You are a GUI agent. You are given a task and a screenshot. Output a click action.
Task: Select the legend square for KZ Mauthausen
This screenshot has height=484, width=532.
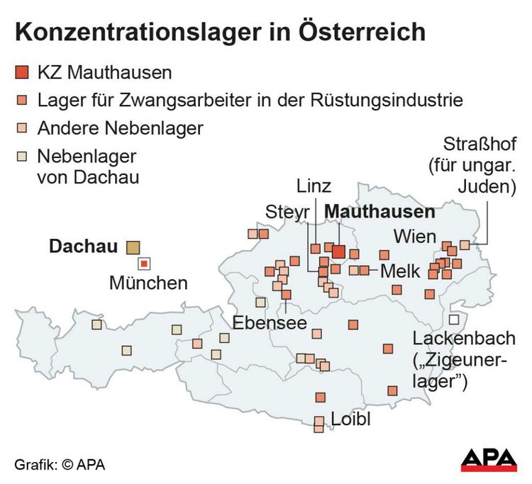[22, 72]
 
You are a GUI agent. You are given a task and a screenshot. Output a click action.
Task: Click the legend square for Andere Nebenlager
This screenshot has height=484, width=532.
[22, 129]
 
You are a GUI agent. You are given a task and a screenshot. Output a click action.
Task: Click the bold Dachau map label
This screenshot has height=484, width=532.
[83, 247]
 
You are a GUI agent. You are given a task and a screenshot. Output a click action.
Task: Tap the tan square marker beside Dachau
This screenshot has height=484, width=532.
[133, 247]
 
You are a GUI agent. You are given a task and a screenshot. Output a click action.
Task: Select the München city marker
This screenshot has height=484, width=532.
[144, 264]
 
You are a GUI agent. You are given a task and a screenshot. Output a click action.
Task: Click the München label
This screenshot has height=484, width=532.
[148, 283]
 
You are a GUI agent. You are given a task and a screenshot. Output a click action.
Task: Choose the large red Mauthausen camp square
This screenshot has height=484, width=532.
[338, 251]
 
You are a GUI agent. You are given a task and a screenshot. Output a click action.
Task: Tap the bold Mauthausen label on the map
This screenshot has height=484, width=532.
[379, 212]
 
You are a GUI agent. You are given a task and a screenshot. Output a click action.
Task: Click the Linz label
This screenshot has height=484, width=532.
[314, 187]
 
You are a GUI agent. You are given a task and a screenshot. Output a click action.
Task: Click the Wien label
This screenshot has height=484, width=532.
[412, 235]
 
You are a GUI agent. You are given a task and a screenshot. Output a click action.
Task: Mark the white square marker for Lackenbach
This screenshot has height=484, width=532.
[454, 319]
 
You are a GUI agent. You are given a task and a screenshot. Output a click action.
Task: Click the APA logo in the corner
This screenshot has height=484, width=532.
[489, 459]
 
